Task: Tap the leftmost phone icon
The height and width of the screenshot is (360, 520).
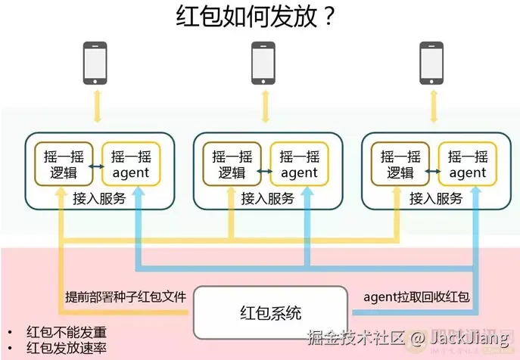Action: pyautogui.click(x=95, y=63)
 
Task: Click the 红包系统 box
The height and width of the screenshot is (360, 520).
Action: pyautogui.click(x=270, y=312)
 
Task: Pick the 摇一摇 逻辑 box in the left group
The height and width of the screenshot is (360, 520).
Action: pyautogui.click(x=64, y=163)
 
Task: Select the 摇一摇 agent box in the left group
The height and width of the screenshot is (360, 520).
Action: pyautogui.click(x=130, y=163)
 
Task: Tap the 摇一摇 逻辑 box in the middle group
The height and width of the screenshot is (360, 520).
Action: pyautogui.click(x=232, y=163)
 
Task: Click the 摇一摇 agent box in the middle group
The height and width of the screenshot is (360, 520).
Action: pyautogui.click(x=298, y=163)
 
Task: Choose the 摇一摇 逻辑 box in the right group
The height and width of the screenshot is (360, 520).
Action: pyautogui.click(x=400, y=163)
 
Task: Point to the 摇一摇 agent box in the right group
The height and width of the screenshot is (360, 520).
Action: pyautogui.click(x=467, y=163)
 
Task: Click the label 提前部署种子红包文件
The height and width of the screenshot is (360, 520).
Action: pyautogui.click(x=125, y=296)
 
